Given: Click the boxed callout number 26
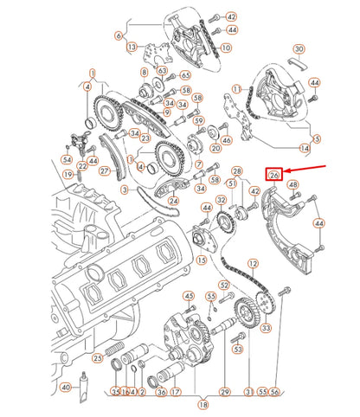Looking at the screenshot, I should pos(273,174).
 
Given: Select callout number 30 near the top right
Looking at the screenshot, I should pos(299,48).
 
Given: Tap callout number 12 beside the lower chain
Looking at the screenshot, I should pos(253,262).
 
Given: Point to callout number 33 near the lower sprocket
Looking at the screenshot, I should pos(265,328).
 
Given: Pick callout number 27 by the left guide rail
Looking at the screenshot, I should pos(104,171).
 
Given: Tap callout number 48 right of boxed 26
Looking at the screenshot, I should pos(293,186).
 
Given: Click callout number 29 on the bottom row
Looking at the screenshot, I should pos(224,392).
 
